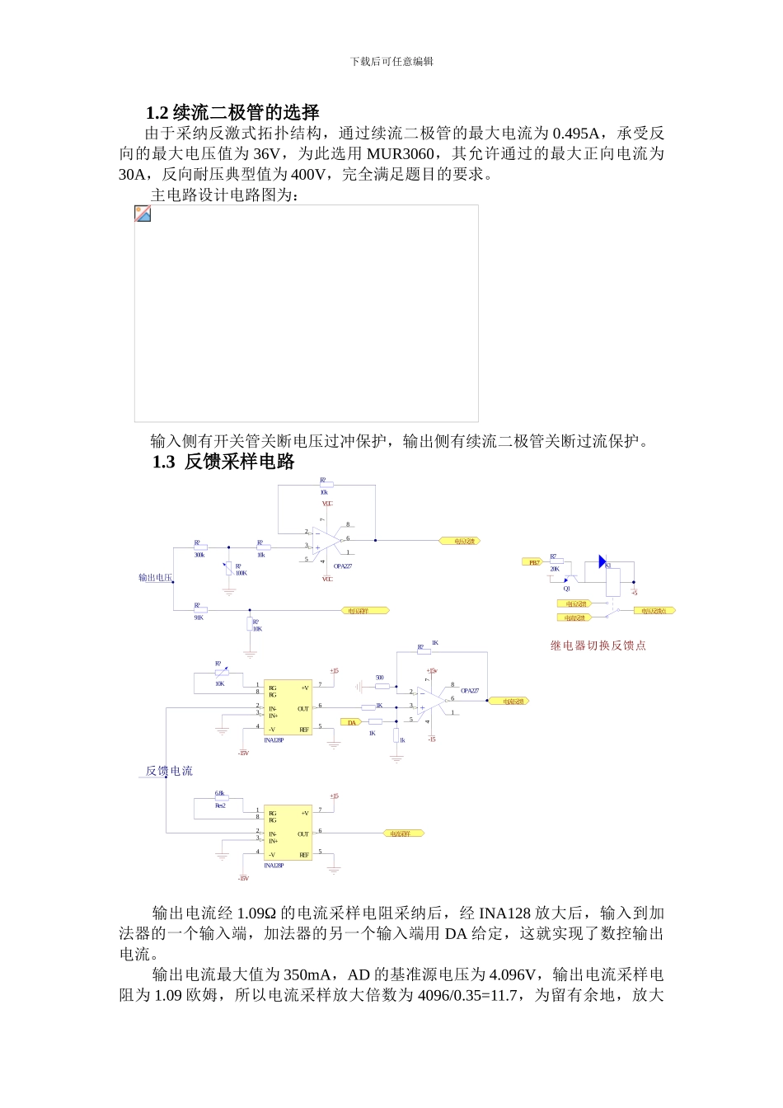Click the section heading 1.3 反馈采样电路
click(223, 462)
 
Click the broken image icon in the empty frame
click(143, 214)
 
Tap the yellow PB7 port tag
click(534, 562)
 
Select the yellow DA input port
click(351, 722)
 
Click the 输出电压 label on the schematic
click(155, 578)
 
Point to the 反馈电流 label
click(169, 771)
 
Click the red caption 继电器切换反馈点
click(598, 646)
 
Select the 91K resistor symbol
click(199, 611)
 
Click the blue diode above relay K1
click(602, 561)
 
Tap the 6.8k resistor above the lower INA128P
click(220, 799)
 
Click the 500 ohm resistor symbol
click(380, 685)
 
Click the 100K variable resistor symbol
click(228, 569)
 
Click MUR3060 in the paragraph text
click(400, 153)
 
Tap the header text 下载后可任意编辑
click(391, 61)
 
